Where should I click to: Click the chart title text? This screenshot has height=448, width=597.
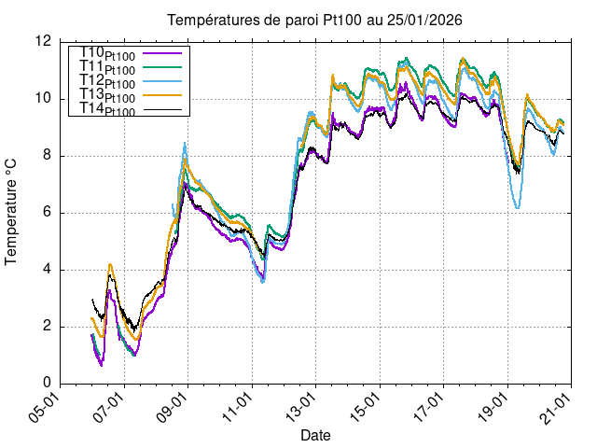tap(314, 20)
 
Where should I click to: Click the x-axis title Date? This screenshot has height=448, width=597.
tap(314, 435)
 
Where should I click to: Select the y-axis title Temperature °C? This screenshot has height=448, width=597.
tap(12, 212)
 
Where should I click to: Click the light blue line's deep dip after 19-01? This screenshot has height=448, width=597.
tap(518, 207)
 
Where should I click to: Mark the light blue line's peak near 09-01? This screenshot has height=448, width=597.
tap(185, 143)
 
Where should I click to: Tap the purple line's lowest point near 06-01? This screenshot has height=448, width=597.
tap(102, 365)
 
